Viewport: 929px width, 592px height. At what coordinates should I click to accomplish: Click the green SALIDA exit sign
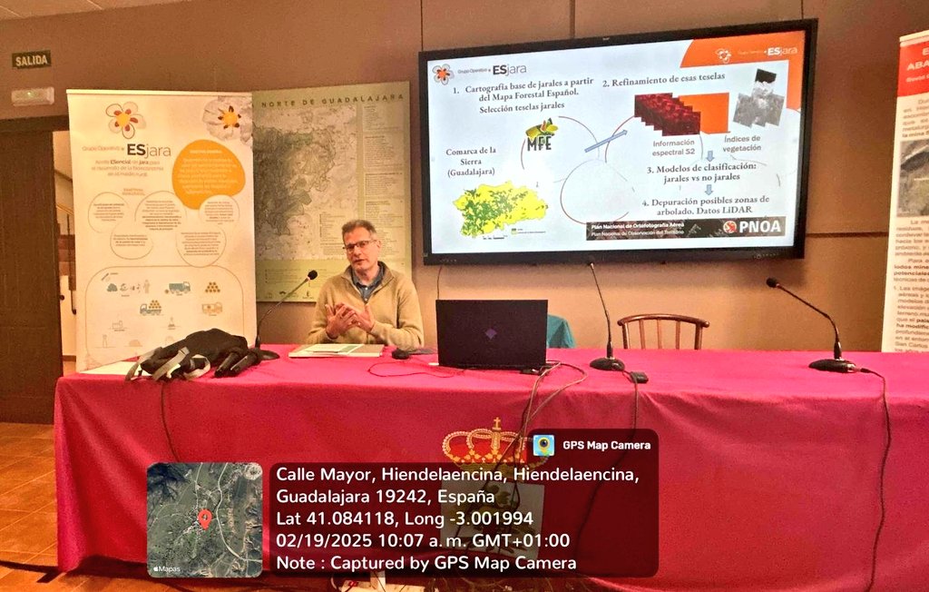(x=32, y=60)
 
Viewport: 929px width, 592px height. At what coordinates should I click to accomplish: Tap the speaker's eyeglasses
(x=359, y=245)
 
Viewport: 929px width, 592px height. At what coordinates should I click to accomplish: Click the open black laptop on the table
(x=491, y=334)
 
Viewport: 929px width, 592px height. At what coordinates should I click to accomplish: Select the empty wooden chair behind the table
(x=662, y=331)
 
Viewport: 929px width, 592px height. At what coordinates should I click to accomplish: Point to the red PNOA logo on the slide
(x=753, y=226)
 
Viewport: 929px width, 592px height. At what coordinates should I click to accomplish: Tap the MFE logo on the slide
(x=542, y=137)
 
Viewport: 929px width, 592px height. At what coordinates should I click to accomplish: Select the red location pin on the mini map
(x=205, y=518)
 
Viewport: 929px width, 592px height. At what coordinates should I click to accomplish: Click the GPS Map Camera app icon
(x=543, y=445)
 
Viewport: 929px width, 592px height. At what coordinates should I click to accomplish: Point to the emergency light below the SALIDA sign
(x=33, y=96)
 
